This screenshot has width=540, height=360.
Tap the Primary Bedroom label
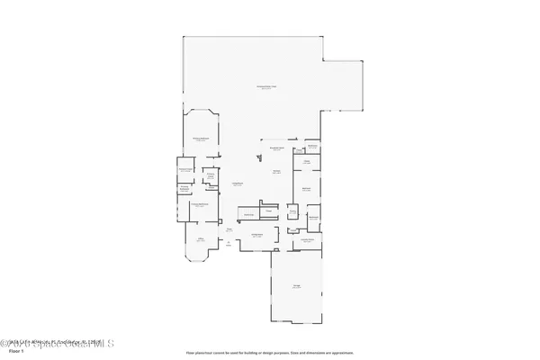click(201, 139)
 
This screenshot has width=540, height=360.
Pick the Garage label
click(296, 286)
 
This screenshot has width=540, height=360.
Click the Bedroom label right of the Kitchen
click(307, 188)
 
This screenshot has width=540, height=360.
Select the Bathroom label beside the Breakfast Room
click(312, 147)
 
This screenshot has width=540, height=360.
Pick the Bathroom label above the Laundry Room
click(313, 217)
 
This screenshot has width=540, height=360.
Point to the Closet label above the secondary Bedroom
click(306, 162)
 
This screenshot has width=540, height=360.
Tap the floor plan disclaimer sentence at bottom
click(270, 352)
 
